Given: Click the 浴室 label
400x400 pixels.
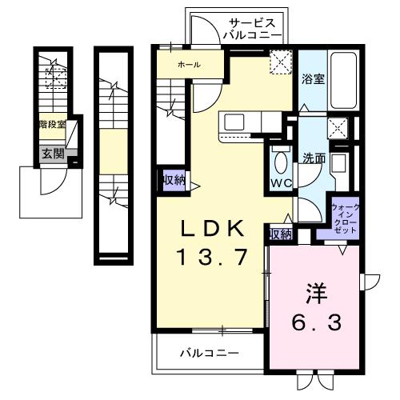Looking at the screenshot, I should pos(313,78).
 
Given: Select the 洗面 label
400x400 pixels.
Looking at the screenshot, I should pos(314,158).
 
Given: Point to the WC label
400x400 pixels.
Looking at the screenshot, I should pos(280,183).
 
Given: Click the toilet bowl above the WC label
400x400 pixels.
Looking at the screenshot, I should pos(280,160).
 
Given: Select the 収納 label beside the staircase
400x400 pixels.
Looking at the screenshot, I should pos(173,179).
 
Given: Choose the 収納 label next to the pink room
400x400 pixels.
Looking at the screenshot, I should pos(280,234).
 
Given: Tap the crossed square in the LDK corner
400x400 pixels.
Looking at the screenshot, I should pos(280,62).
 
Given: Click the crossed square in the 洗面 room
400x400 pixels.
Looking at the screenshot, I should pos(338,126).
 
